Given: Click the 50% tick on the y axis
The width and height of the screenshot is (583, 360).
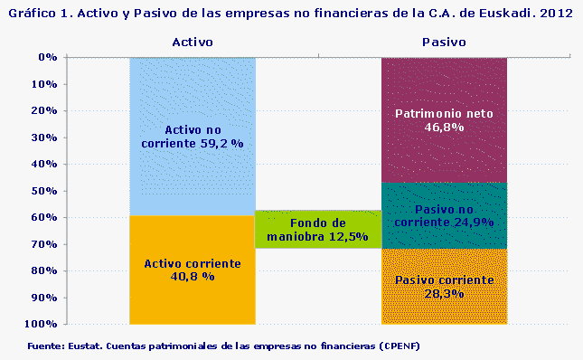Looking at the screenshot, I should click(45, 191).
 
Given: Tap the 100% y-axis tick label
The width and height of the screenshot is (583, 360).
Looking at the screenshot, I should click(42, 324).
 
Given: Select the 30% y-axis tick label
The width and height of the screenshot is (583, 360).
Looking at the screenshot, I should click(45, 137).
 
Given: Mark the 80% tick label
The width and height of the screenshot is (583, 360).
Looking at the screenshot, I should click(45, 270).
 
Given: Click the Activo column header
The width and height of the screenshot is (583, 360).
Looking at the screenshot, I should click(192, 42).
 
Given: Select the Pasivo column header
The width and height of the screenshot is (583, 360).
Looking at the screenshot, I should click(444, 42).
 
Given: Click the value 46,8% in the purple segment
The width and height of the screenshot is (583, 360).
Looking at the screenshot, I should click(444, 128).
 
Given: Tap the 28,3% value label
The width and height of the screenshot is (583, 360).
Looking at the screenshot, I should click(444, 294).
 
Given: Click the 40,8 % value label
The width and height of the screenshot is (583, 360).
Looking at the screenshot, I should click(193, 276).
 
